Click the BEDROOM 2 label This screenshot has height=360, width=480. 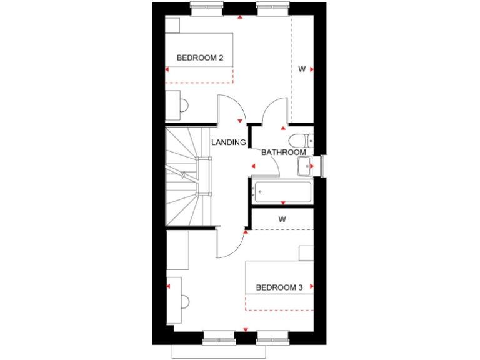pos(200,58)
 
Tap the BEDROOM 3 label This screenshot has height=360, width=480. pos(279,287)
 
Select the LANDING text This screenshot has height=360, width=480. pos(228,142)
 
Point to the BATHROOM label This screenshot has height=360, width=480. pos(283,152)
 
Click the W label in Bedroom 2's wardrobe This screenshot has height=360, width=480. pos(301,69)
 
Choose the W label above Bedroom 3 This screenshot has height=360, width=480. pos(282,219)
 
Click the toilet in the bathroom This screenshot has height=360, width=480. pos(299,139)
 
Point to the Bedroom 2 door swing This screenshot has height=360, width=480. pos(229,109)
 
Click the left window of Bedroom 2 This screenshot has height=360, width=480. pos(206,8)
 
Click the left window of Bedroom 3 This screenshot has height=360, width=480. pos(219,337)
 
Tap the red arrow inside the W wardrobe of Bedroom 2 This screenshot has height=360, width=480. pos(311,69)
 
